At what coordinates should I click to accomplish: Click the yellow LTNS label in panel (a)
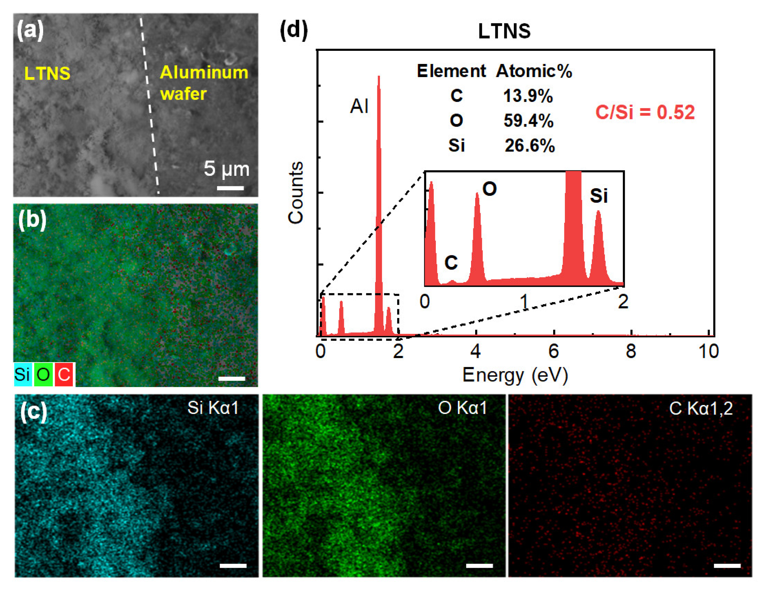click(x=47, y=74)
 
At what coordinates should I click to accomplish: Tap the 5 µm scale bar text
click(x=227, y=169)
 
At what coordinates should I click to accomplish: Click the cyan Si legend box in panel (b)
click(x=22, y=375)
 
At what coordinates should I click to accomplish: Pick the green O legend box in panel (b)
click(x=43, y=375)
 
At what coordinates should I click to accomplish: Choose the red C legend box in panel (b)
click(x=64, y=375)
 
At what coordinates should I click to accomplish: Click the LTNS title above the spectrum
click(x=504, y=32)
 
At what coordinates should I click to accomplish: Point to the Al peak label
click(x=359, y=106)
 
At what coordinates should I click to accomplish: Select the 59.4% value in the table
click(x=528, y=121)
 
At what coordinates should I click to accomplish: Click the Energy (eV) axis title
click(x=515, y=375)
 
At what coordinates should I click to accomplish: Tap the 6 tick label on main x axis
click(x=553, y=351)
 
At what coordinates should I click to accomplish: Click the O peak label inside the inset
click(x=489, y=189)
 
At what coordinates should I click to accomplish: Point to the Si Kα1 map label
click(x=213, y=408)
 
